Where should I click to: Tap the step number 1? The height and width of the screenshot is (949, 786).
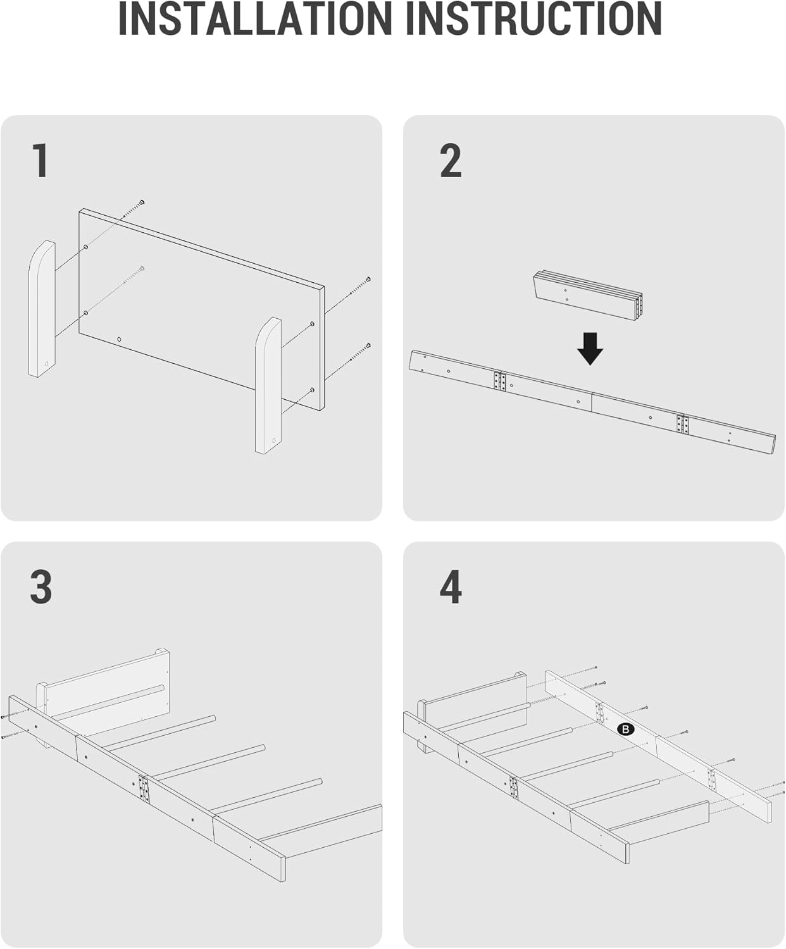click(x=41, y=161)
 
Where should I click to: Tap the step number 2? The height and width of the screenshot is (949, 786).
click(x=451, y=161)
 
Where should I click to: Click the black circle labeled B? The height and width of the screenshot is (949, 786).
click(x=625, y=729)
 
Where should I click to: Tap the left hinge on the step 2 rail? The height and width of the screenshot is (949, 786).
click(x=500, y=381)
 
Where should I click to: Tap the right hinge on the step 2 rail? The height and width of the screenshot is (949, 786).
click(x=682, y=424)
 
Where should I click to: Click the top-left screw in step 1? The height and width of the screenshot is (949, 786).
click(x=142, y=202)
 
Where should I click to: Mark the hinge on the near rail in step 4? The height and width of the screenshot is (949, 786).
click(x=514, y=788)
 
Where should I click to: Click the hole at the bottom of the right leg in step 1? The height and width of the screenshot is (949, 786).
click(x=273, y=440)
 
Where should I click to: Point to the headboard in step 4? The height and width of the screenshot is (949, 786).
click(x=475, y=702)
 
